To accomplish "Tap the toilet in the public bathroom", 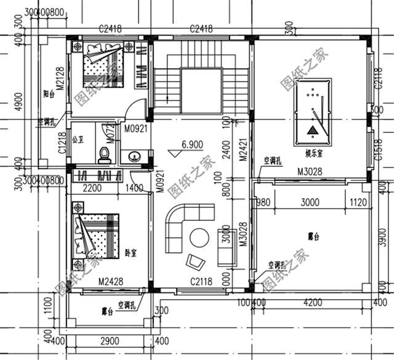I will click(105, 154).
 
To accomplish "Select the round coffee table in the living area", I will click(199, 237).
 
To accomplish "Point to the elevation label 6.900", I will click(191, 145).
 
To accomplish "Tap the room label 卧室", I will click(131, 252).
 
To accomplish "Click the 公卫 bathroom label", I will click(78, 139).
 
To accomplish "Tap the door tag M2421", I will click(243, 150).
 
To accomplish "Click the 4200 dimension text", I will click(313, 302).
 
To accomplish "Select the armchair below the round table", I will click(196, 262).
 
